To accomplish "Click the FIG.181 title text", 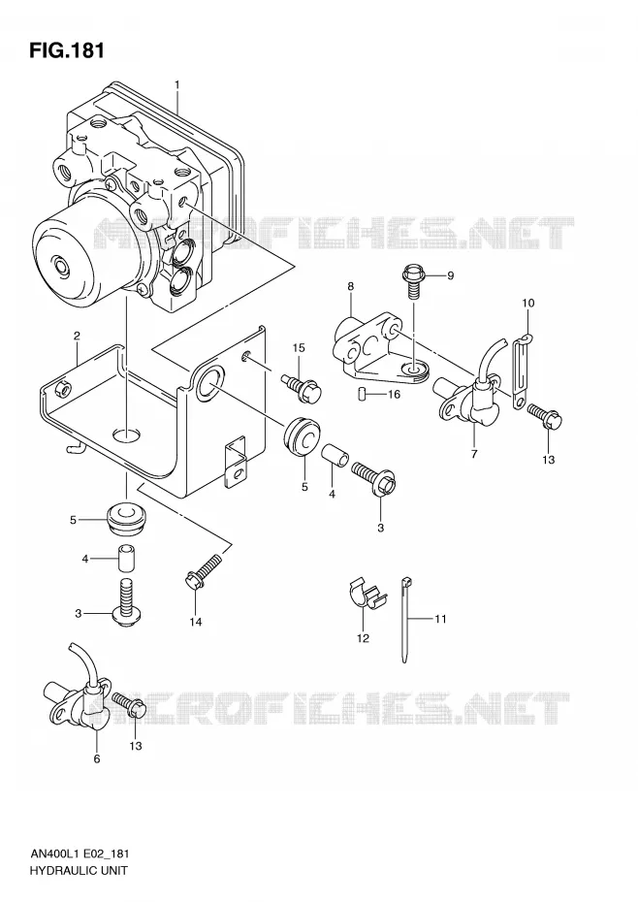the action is click(67, 50).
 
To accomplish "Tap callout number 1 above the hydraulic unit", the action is click(177, 85).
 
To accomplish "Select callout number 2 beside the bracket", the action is click(77, 336).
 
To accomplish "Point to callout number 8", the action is click(350, 286).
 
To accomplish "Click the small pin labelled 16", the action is click(362, 394).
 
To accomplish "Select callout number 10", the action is click(528, 303).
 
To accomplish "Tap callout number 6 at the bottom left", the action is click(97, 758).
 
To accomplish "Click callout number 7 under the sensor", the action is click(474, 454).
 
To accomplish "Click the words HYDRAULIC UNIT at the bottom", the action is click(77, 870).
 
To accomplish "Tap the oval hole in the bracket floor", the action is click(127, 435).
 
